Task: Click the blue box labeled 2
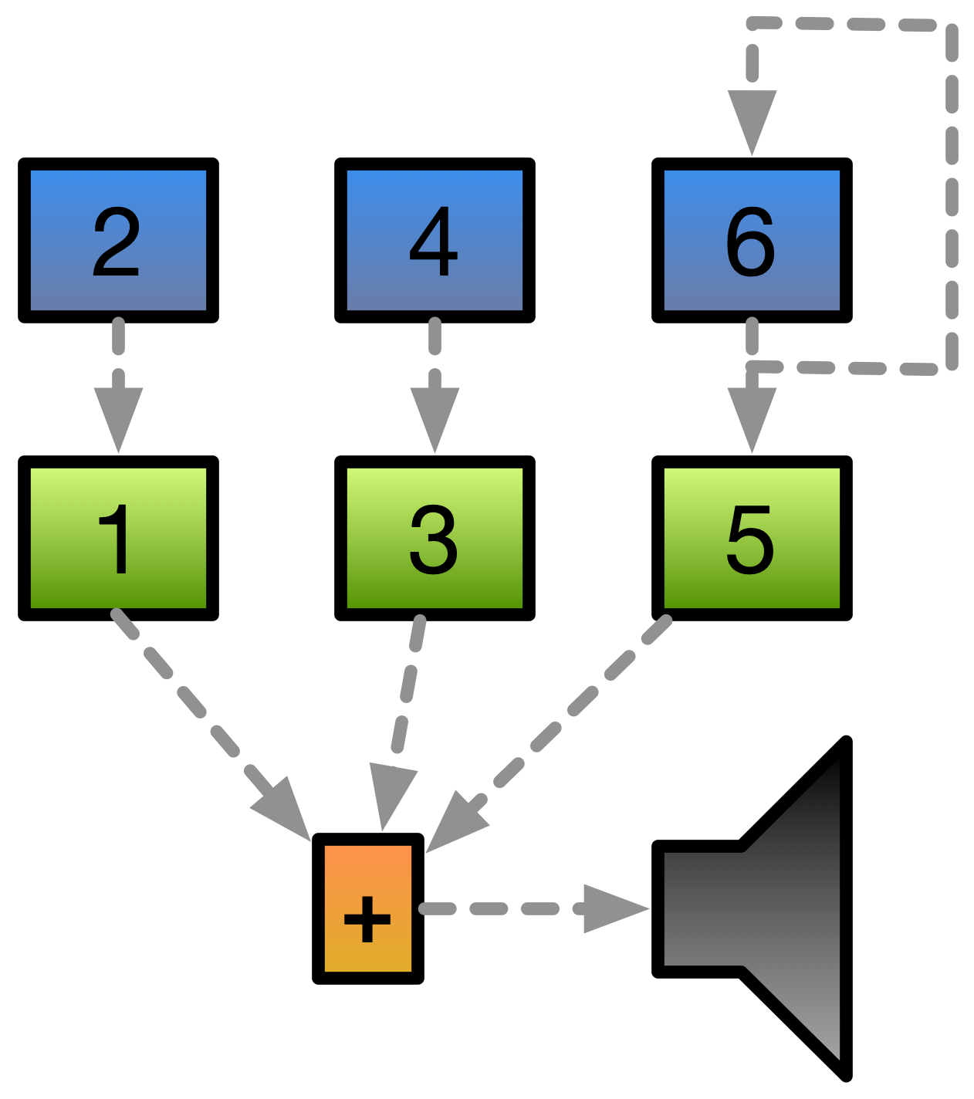pyautogui.click(x=118, y=240)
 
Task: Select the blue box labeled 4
pyautogui.click(x=435, y=240)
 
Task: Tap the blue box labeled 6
pyautogui.click(x=752, y=240)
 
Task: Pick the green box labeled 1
pyautogui.click(x=118, y=538)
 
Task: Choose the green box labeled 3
pyautogui.click(x=435, y=538)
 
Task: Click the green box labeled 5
pyautogui.click(x=752, y=538)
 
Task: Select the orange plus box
pyautogui.click(x=367, y=908)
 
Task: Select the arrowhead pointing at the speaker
pyautogui.click(x=614, y=908)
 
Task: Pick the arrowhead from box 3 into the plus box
pyautogui.click(x=390, y=795)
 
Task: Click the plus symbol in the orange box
pyautogui.click(x=367, y=918)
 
